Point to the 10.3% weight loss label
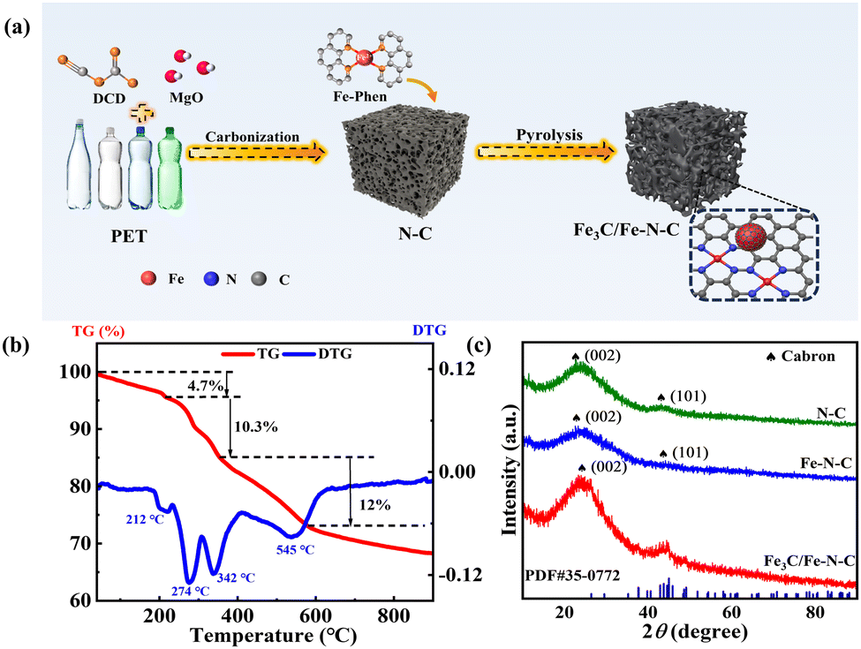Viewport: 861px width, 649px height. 256,426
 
